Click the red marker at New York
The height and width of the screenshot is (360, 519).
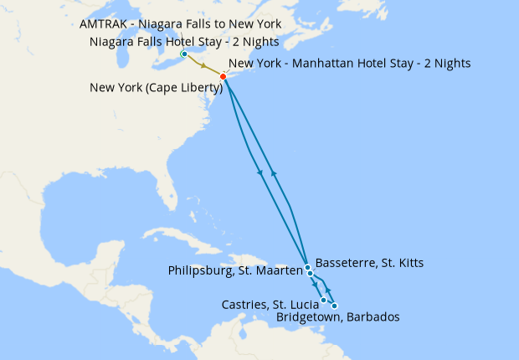223,77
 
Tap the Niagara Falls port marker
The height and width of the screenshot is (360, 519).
184,54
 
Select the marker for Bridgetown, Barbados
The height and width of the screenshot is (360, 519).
335,306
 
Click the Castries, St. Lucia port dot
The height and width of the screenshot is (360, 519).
324,300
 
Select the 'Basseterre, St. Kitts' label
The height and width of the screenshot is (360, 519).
369,263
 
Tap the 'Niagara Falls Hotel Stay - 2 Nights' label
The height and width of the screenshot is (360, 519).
183,42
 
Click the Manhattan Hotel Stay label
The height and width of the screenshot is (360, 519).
349,63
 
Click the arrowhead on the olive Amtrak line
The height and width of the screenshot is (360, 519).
203,65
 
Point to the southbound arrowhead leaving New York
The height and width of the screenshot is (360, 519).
260,172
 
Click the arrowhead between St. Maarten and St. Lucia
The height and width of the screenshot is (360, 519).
316,285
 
